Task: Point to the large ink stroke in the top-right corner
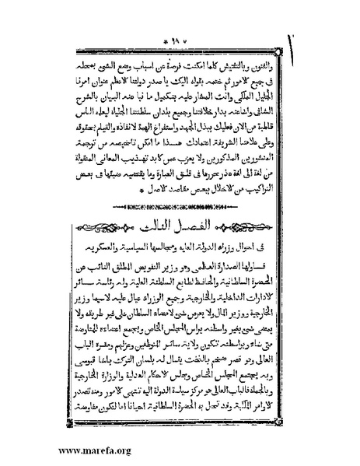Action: point(349,39)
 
